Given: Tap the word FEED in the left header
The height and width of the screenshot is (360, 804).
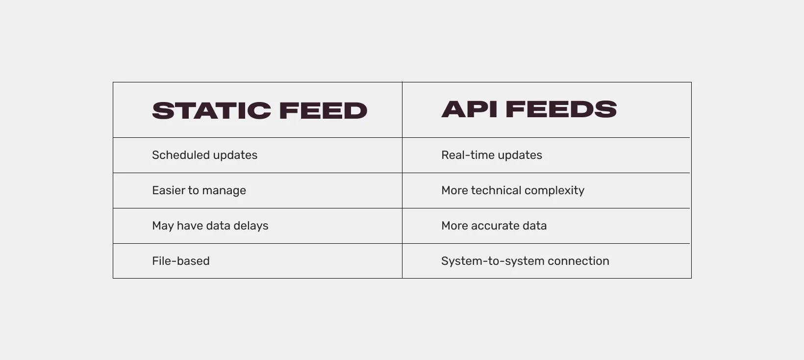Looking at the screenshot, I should pyautogui.click(x=323, y=111).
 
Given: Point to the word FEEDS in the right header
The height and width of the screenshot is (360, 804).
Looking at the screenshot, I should pyautogui.click(x=561, y=109).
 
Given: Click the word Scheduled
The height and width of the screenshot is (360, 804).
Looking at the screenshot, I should pyautogui.click(x=181, y=155).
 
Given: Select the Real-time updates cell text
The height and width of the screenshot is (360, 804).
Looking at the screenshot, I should pyautogui.click(x=491, y=155).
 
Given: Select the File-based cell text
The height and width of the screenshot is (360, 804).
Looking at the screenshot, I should pyautogui.click(x=180, y=261).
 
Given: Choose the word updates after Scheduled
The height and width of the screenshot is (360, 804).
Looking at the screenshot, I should pyautogui.click(x=235, y=155).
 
